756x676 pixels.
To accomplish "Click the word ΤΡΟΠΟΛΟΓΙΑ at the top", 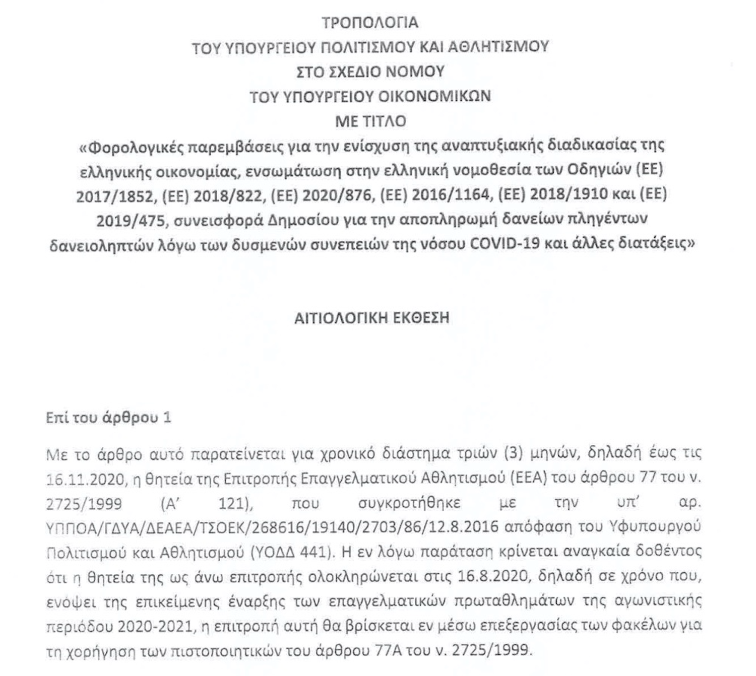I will coord(370,23).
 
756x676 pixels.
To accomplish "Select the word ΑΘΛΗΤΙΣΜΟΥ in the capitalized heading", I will coord(496,47).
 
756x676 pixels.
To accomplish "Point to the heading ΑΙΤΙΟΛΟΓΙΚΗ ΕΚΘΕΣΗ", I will coord(371,318).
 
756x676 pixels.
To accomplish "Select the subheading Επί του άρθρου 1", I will coord(108,418).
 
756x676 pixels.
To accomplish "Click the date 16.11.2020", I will coord(85,479).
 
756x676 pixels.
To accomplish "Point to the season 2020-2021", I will coord(156,626).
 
